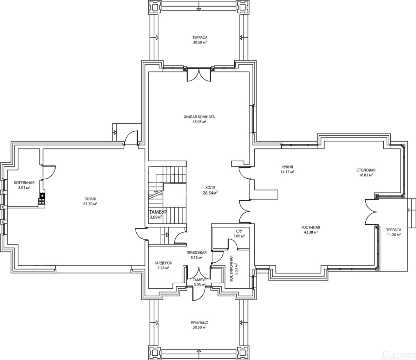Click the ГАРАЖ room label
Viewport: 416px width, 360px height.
pos(90,199)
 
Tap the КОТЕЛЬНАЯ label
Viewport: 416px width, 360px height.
pos(24,183)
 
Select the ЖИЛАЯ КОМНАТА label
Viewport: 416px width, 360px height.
pos(199,117)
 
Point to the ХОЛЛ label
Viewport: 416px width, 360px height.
pos(210,187)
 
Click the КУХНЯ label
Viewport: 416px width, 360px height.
pos(287,167)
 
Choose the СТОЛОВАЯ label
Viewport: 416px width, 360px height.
pos(366,170)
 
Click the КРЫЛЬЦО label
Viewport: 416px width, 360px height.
pos(200,323)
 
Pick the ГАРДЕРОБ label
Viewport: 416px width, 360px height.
pos(163,263)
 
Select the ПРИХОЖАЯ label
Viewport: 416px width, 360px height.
pos(196,253)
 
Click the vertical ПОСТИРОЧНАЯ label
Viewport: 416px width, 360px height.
pos(231,269)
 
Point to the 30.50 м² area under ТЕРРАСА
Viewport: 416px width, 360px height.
pos(200,42)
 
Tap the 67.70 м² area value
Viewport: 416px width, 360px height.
pos(90,204)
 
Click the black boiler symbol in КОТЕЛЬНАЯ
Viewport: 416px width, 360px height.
pos(42,196)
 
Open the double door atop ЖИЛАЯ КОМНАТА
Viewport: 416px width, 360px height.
pos(199,74)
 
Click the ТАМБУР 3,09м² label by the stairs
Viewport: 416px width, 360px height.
pos(158,214)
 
